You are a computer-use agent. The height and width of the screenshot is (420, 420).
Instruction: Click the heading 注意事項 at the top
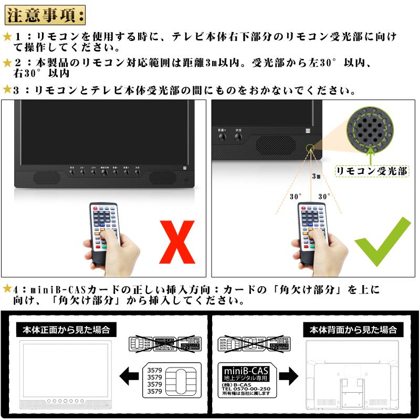coord(45,14)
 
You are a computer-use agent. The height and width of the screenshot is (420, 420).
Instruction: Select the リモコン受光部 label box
coord(373,171)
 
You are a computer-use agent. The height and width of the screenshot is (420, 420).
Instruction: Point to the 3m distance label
coord(316,176)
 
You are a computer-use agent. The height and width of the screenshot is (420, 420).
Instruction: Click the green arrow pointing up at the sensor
coord(372,155)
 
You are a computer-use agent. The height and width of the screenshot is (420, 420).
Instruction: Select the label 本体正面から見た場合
coord(66,330)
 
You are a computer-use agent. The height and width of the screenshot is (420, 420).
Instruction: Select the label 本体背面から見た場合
coord(352,330)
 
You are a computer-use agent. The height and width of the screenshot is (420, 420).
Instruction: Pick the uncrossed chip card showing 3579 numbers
coord(171,379)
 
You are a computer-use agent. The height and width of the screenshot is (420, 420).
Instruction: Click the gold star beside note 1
coord(7,37)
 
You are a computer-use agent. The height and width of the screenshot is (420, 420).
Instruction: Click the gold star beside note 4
coord(7,289)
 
